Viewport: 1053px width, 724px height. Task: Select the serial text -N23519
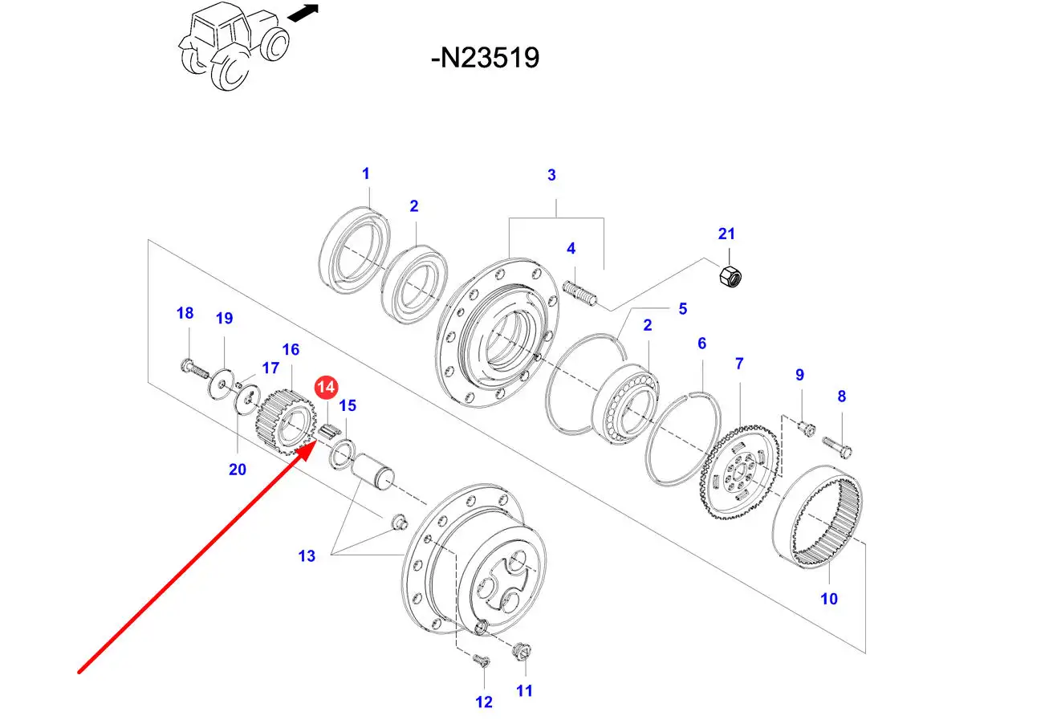point(485,58)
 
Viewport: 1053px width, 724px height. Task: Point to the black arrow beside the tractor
point(303,14)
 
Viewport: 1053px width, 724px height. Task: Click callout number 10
point(829,598)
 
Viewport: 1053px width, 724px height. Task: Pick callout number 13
point(307,555)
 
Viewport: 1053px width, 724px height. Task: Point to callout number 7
point(739,364)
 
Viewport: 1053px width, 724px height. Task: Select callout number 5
point(682,308)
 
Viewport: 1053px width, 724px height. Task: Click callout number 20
point(238,470)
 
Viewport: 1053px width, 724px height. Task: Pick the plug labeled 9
point(807,425)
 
